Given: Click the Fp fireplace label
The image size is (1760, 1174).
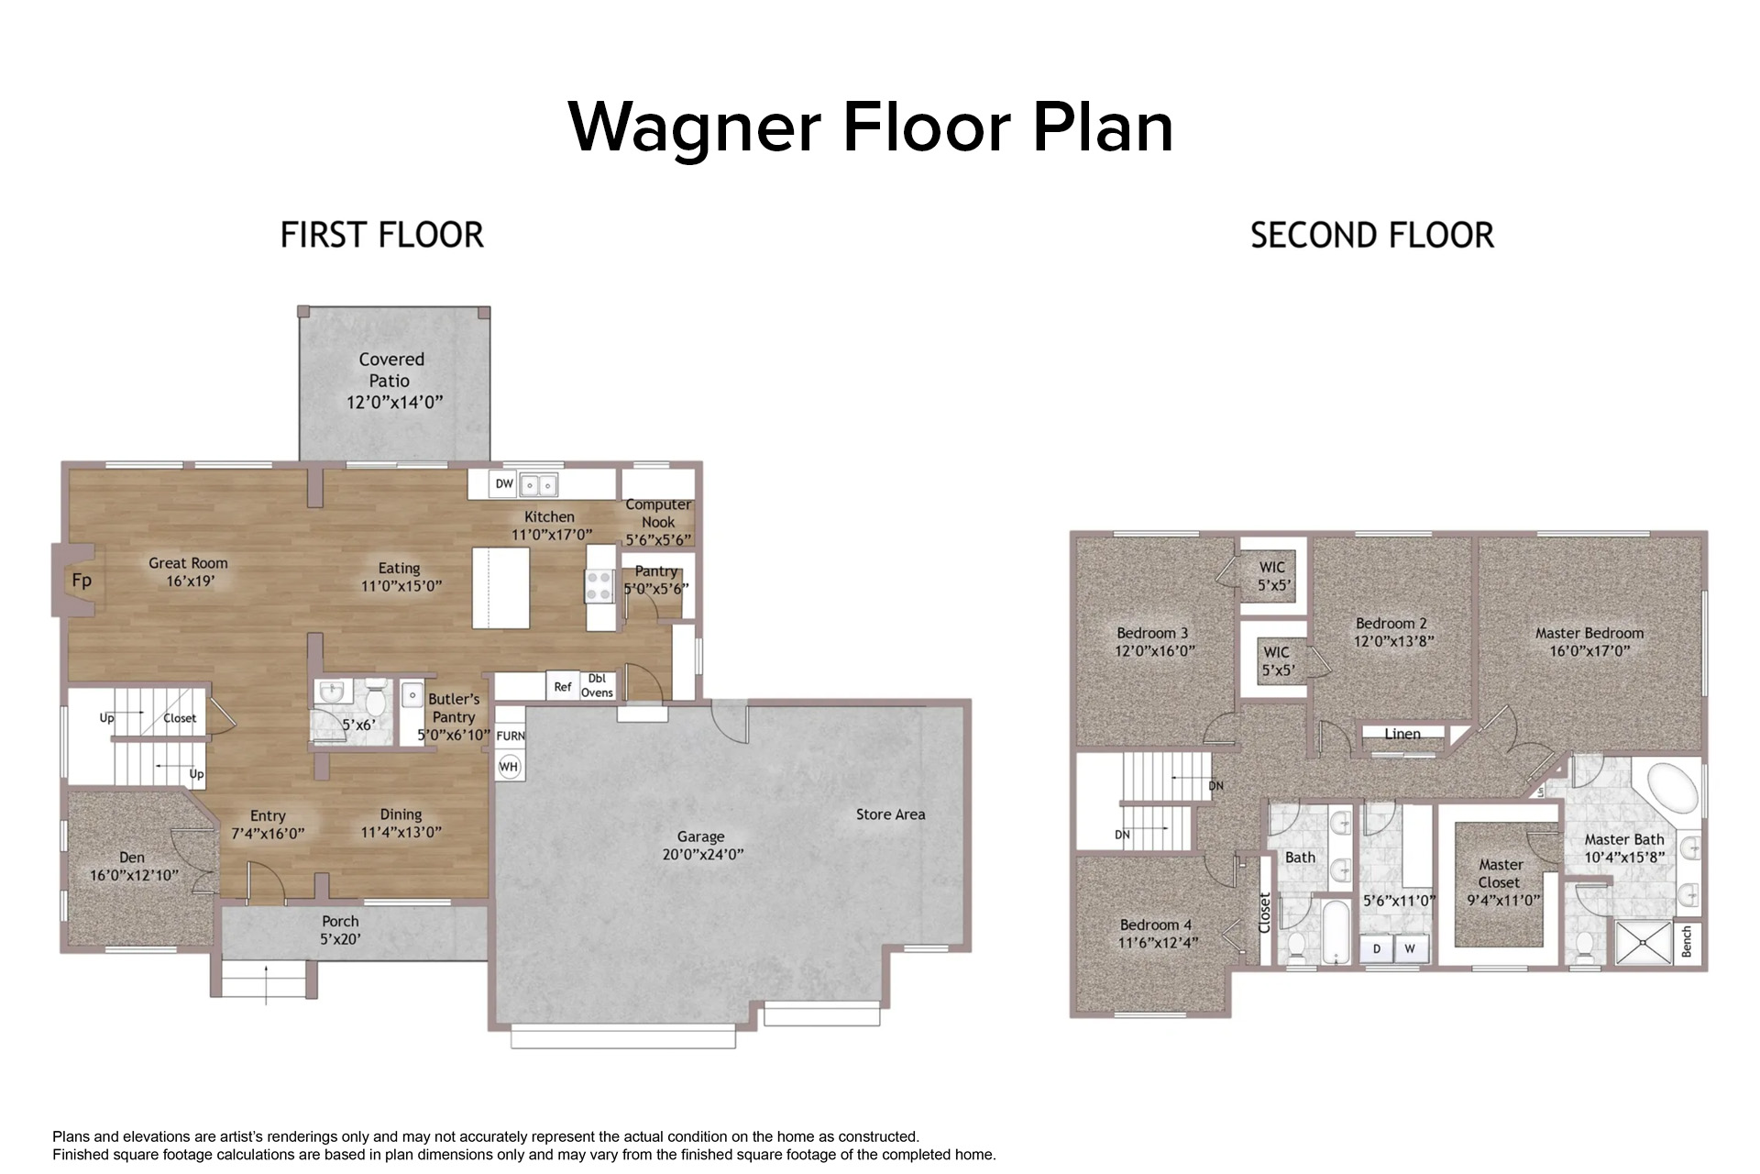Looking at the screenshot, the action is point(82,581).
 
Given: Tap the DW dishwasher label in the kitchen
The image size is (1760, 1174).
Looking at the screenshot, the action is point(504,483).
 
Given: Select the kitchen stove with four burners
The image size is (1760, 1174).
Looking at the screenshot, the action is point(600,586).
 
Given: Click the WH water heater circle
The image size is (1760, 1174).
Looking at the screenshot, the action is point(509,767).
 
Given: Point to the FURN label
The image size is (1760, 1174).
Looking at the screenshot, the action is point(511,736).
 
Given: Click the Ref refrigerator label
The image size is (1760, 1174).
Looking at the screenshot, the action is point(563,686).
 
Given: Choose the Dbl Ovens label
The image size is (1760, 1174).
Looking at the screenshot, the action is point(597,685).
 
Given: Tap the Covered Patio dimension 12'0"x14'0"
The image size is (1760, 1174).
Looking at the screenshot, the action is point(394,402).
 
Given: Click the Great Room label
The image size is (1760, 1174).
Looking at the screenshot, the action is point(188,563).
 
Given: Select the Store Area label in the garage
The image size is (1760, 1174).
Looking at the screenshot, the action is point(890,814).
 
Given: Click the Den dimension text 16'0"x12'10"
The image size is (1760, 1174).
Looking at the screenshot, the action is point(134,875).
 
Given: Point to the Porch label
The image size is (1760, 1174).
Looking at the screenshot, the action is point(340,921).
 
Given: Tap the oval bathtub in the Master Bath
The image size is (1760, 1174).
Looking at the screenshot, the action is point(1673,786).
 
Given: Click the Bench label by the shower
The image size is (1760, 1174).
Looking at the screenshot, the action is point(1687,942).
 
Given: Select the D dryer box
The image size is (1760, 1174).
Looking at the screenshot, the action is point(1377,949).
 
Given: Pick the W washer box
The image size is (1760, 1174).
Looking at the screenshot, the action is point(1410,949).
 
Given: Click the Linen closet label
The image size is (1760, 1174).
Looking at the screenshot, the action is point(1402,734).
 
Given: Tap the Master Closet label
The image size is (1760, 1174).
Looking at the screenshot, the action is point(1501,873).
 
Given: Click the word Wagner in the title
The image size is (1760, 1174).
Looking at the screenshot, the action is point(694,128).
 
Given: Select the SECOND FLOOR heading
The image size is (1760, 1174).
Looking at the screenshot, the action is point(1372,236).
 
